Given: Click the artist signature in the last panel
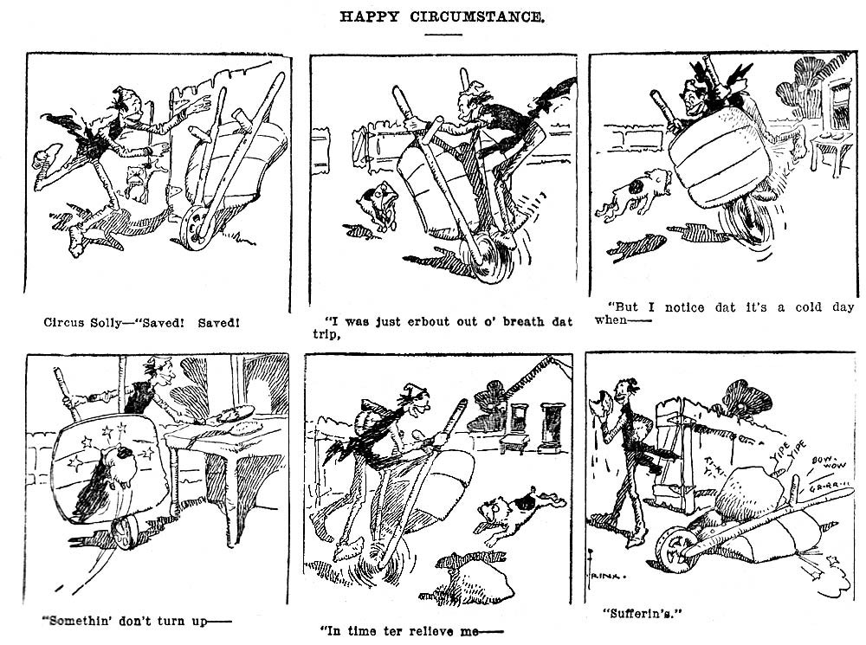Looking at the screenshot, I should click(x=613, y=573).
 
